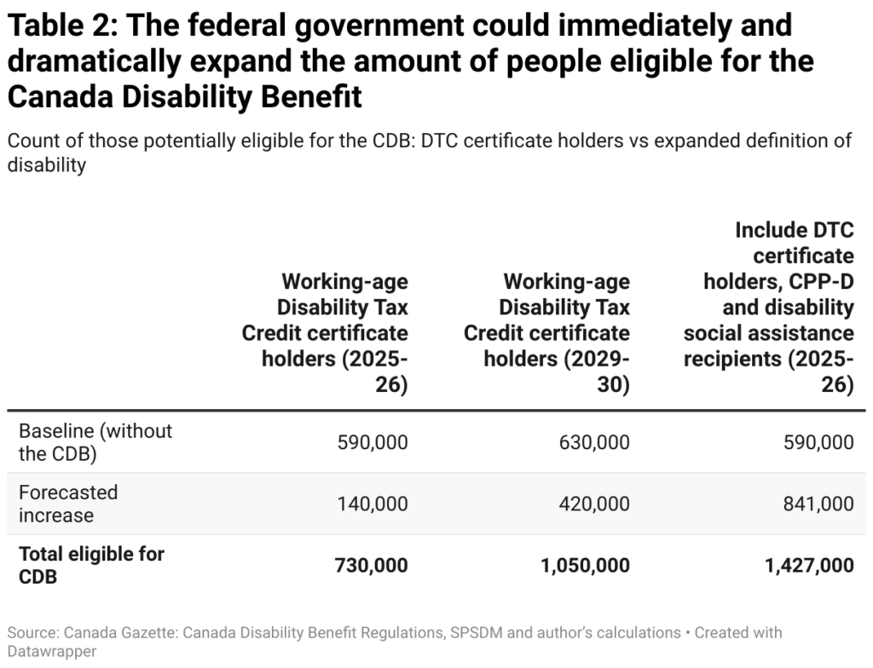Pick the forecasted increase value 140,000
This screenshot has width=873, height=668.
373,504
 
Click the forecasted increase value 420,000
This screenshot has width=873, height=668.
595,504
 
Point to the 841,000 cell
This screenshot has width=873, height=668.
818,504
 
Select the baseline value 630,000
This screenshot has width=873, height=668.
595,442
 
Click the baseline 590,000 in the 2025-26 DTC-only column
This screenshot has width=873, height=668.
373,442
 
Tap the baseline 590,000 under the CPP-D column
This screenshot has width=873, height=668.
818,442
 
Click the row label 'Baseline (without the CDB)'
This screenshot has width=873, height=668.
95,442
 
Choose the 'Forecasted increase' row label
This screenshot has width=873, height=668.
68,504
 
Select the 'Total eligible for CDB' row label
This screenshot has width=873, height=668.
91,565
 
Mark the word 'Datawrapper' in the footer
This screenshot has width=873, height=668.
50,651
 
